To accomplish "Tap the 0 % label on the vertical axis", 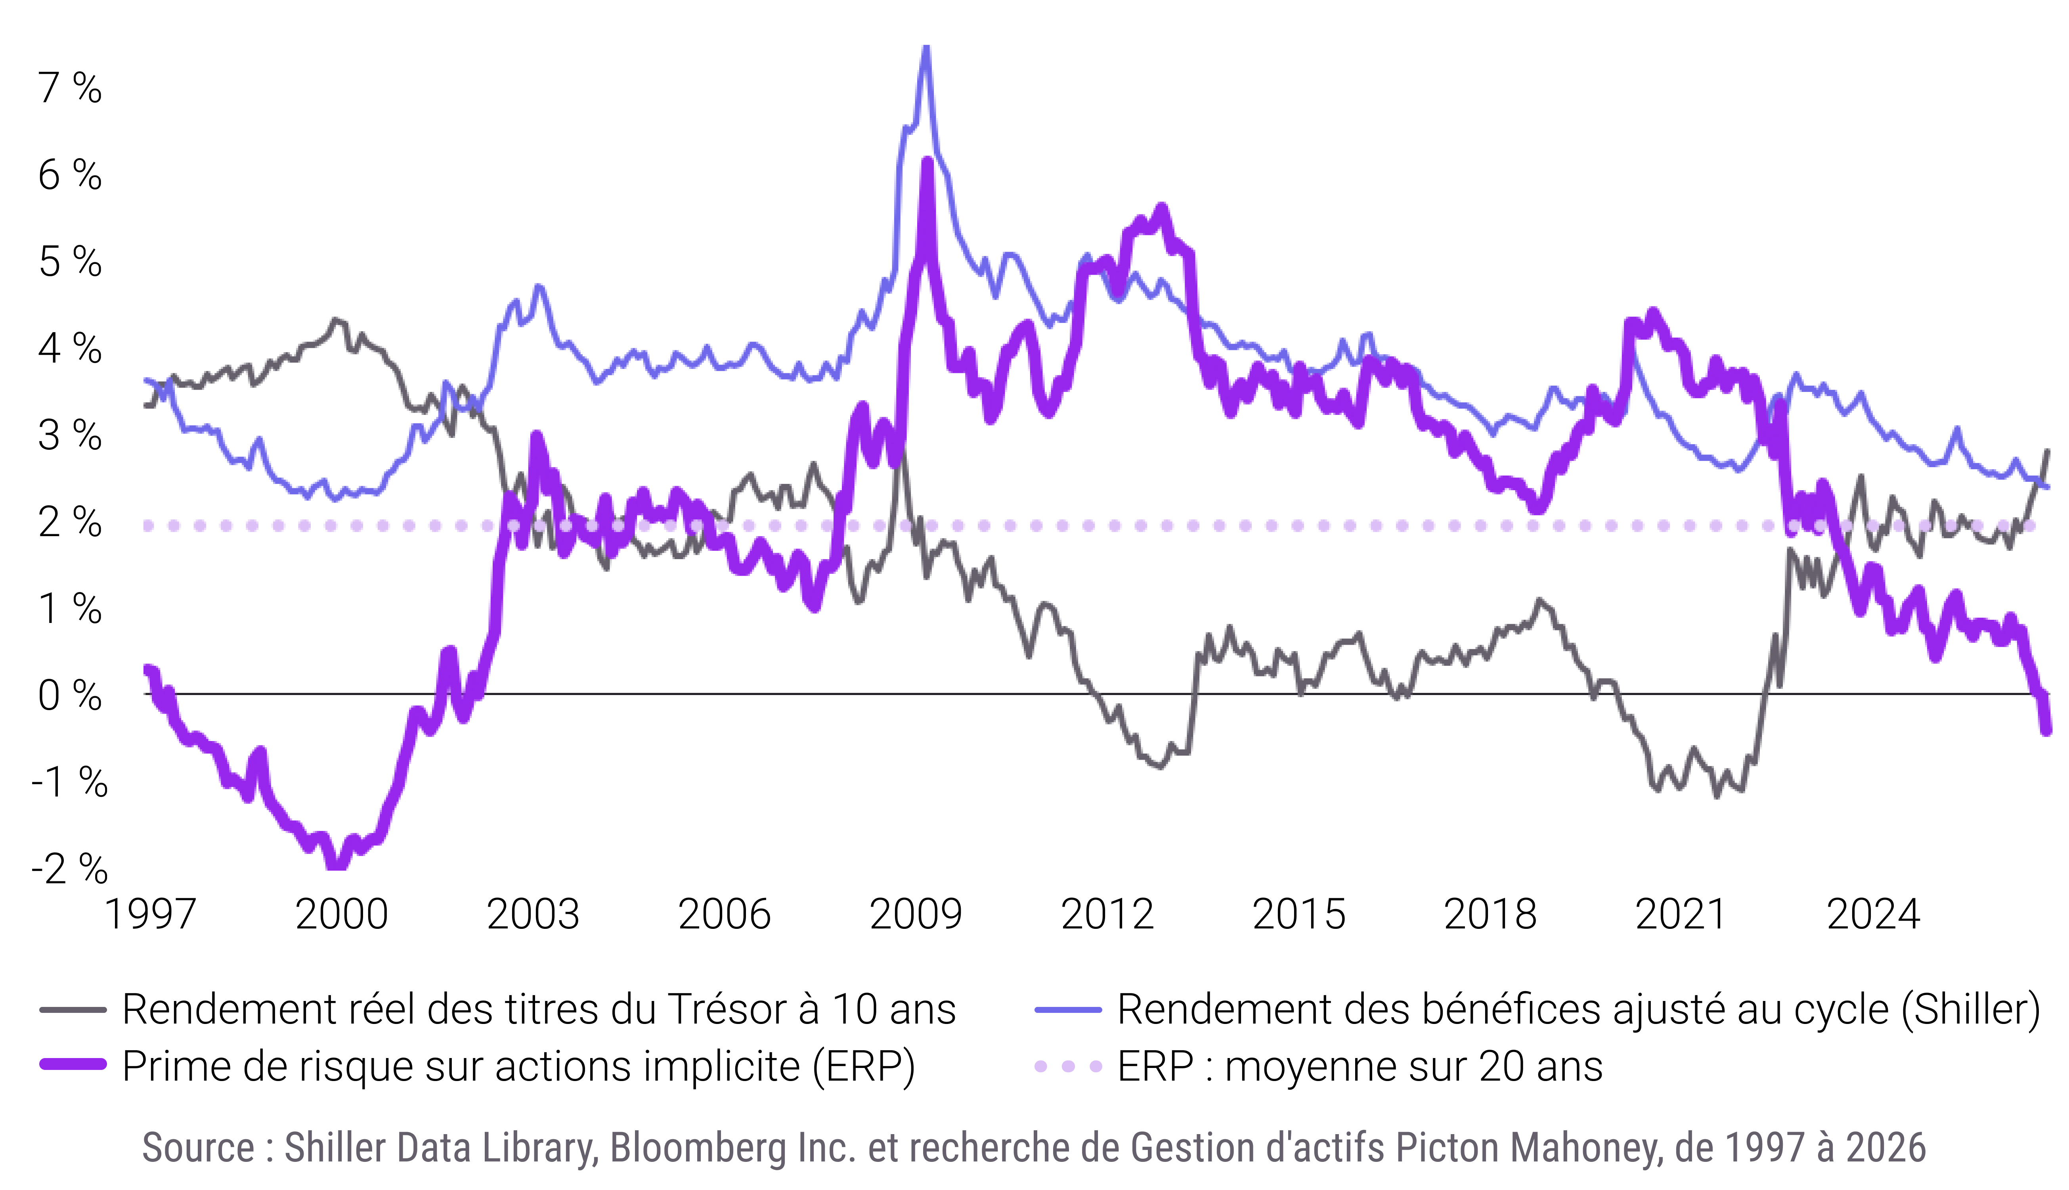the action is point(69,695).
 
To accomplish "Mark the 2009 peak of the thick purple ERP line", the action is point(927,161).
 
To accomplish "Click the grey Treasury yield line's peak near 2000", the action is point(335,319).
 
